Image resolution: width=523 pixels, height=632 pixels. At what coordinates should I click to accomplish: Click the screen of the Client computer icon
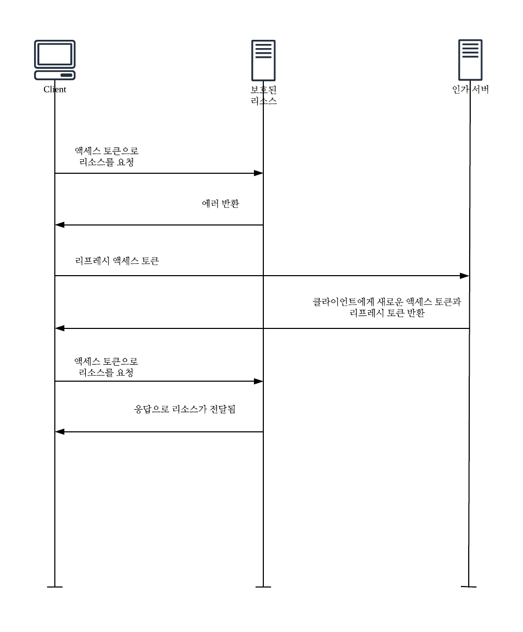tap(54, 54)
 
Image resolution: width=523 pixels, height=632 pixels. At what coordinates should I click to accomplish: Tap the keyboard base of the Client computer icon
tap(54, 76)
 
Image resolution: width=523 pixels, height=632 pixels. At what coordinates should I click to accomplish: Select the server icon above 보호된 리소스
tap(263, 59)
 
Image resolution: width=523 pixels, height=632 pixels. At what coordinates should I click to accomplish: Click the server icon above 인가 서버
tap(470, 59)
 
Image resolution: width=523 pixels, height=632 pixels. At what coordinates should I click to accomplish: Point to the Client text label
tap(55, 89)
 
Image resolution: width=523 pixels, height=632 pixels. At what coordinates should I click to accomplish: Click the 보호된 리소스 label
tap(263, 95)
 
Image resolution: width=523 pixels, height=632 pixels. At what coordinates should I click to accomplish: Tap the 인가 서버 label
tap(470, 89)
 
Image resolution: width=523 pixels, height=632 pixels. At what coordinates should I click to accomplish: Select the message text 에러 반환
tap(220, 204)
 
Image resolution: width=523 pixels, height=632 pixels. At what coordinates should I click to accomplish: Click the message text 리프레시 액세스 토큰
tap(117, 261)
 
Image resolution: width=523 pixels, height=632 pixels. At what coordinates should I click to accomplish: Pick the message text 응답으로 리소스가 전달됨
tap(185, 410)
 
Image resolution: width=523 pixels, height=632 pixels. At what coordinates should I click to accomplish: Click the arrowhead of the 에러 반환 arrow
tap(59, 225)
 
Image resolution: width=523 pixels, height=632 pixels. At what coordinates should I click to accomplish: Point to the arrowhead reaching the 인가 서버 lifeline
tap(465, 276)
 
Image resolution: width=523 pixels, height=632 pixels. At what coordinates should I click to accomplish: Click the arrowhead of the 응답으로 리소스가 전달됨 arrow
tap(59, 432)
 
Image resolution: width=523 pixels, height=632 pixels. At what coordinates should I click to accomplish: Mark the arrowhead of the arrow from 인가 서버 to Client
tap(59, 328)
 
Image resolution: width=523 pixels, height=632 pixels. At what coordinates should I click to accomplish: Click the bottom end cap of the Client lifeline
tap(55, 587)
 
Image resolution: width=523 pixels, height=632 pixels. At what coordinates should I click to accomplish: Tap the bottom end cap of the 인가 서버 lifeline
tap(469, 586)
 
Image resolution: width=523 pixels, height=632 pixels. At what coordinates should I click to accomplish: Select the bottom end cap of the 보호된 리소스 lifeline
tap(263, 587)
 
